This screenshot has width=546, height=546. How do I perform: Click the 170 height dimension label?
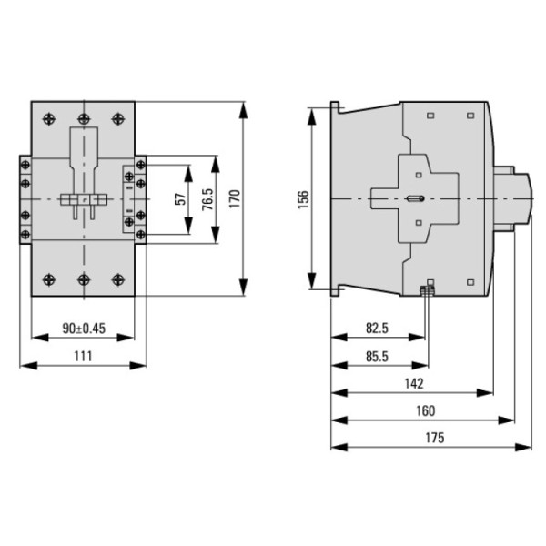coord(235,198)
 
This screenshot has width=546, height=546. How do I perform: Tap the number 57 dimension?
coord(179,199)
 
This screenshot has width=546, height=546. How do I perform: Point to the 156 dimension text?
coord(304,198)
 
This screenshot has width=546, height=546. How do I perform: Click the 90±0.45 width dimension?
coord(83,329)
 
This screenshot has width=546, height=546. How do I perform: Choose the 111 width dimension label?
coord(83,356)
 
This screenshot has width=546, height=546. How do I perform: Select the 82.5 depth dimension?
coord(378,328)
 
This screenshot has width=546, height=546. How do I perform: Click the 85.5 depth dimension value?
coord(378,356)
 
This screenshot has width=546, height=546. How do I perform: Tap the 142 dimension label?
coord(412,383)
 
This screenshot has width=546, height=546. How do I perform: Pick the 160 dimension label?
coord(424,410)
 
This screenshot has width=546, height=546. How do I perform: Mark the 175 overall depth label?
coord(433,438)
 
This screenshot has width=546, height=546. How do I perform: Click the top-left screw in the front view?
coord(50,117)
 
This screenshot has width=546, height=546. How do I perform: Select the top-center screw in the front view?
coord(84,117)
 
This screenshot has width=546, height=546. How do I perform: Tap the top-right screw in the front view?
coord(116,117)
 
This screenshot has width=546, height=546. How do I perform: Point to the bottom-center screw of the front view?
coord(84,279)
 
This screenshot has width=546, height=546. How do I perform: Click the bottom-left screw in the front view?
coord(50,279)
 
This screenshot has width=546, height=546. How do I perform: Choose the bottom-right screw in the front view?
coord(116,279)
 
